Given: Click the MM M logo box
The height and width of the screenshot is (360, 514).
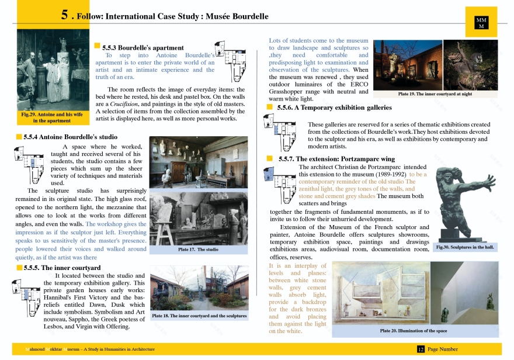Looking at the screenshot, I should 482,23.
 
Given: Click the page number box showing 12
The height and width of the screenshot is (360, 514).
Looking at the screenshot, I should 420,349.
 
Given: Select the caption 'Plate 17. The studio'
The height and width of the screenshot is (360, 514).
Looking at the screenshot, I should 199,250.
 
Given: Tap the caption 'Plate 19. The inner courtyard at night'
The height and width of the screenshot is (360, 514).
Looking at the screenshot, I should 435,94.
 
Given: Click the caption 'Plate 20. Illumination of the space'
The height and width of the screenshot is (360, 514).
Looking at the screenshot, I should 413,331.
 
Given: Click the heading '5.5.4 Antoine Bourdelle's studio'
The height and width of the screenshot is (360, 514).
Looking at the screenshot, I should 71,137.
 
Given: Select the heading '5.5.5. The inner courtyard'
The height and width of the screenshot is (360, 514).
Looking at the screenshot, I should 62,268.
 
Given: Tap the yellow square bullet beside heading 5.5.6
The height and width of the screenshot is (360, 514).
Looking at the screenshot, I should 270,107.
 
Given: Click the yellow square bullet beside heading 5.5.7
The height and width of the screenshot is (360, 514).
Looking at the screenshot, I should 270,158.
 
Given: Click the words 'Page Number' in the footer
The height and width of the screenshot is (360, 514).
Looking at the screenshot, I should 443,349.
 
